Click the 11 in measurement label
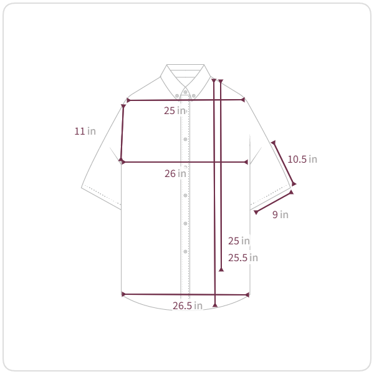(x=85, y=131)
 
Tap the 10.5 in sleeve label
(x=302, y=159)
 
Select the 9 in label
(x=280, y=214)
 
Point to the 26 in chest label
(x=175, y=173)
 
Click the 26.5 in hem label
(x=188, y=305)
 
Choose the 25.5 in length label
(x=243, y=257)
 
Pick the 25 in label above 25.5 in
(x=239, y=241)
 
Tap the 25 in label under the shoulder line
(x=175, y=110)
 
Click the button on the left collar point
(x=177, y=96)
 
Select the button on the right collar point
(x=194, y=96)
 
